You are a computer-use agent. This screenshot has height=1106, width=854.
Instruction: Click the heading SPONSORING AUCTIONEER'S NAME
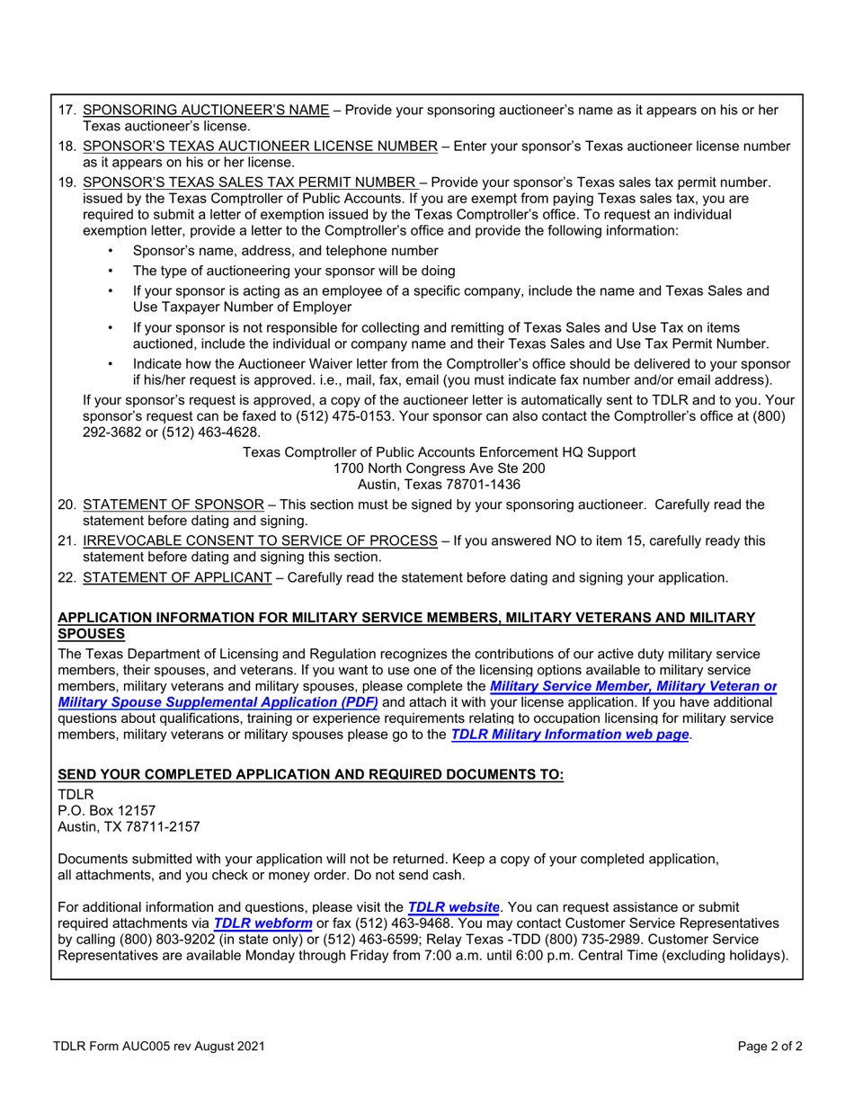coord(206,111)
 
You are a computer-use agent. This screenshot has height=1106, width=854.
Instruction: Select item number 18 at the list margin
coord(67,147)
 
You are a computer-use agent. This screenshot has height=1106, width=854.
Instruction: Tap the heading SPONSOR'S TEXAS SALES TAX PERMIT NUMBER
coord(249,183)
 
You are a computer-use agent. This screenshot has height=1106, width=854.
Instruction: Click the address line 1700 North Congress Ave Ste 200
coord(439,468)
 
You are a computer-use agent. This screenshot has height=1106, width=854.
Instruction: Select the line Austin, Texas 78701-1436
coord(439,485)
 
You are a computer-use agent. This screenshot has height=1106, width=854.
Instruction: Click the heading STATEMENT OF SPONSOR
coord(173,505)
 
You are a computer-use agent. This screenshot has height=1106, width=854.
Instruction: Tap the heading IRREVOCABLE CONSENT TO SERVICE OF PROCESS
coord(260,541)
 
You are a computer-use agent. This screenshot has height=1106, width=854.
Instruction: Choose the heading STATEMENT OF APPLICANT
coord(177,577)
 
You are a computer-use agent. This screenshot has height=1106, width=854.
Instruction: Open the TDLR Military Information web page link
coord(569,735)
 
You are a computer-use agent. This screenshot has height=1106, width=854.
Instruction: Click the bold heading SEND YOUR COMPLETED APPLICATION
coord(311,775)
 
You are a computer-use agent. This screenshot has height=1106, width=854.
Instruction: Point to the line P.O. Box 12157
coord(107,810)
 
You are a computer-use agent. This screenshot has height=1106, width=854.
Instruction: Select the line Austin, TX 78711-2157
coord(129,826)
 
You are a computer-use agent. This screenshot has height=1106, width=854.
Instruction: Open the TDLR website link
coord(453,907)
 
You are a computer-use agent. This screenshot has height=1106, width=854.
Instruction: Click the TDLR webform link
coord(262,923)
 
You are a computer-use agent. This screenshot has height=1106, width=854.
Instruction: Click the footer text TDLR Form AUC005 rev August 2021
coord(158,1047)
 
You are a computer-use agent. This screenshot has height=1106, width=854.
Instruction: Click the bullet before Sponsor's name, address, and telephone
coord(111,252)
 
